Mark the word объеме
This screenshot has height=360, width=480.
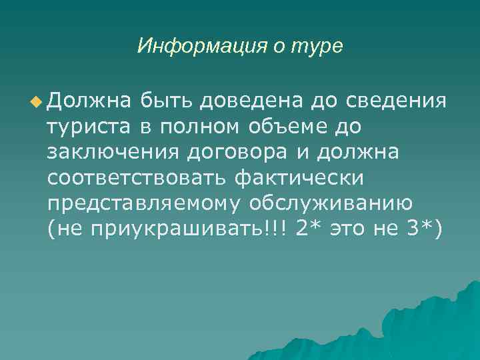(x=301, y=127)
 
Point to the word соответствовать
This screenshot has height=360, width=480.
(x=136, y=178)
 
